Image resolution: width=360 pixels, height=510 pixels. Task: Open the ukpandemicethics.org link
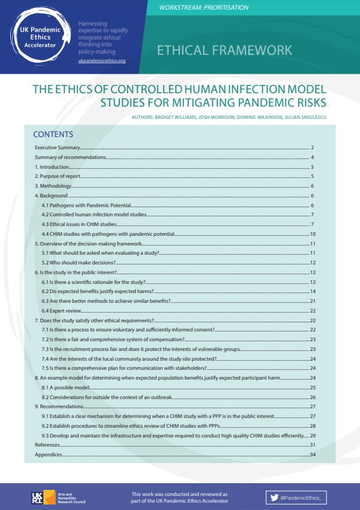pos(102,62)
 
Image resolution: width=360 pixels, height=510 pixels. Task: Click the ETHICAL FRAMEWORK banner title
pos(224,50)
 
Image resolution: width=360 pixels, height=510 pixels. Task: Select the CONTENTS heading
pos(53,135)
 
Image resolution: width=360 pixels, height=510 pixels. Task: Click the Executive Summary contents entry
pos(57,147)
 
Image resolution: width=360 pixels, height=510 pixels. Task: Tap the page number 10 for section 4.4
pos(312,234)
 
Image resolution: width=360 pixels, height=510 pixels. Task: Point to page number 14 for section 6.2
pos(312,291)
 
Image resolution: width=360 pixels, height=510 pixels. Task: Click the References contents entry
pos(48,445)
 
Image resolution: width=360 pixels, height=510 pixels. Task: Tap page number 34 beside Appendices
pos(312,455)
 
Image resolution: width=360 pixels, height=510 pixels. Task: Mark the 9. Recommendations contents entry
pos(59,406)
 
